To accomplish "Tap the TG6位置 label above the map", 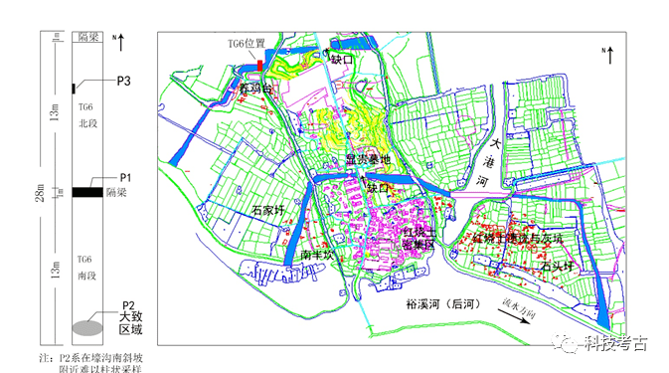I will point(245,44).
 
